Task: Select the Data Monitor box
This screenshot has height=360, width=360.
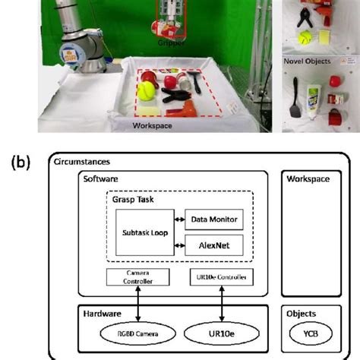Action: tap(214, 219)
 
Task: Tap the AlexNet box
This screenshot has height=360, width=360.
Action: tap(214, 245)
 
